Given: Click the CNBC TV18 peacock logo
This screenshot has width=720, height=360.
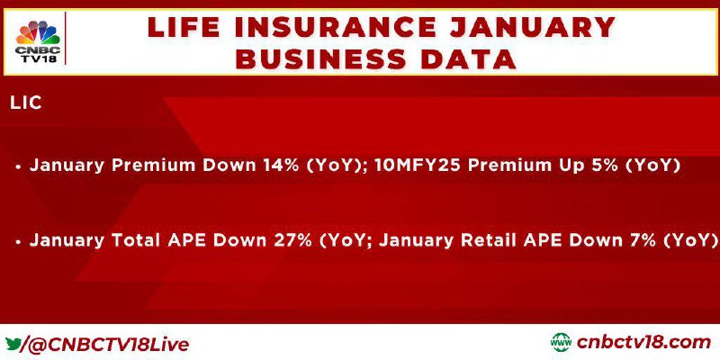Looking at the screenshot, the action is [38, 41].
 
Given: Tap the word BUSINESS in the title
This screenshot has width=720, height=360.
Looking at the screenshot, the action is [321, 58].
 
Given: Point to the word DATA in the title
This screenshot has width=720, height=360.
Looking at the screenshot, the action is [465, 58].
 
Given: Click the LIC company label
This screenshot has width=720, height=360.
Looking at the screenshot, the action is [26, 103].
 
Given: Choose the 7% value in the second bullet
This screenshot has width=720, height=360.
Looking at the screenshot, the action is [643, 240].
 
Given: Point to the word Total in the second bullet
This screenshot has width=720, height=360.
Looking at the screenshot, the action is [141, 240].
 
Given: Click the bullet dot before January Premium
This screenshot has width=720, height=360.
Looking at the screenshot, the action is [18, 167].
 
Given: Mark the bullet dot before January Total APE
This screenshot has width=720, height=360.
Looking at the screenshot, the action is [18, 241].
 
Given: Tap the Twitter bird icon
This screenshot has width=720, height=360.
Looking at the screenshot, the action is [13, 343].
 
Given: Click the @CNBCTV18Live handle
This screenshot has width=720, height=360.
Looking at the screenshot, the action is [109, 345].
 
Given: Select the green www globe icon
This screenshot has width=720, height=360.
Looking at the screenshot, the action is [561, 343].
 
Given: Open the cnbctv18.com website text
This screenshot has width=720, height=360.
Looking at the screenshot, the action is [643, 343].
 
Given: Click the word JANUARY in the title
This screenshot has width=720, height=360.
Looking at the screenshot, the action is [532, 27].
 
